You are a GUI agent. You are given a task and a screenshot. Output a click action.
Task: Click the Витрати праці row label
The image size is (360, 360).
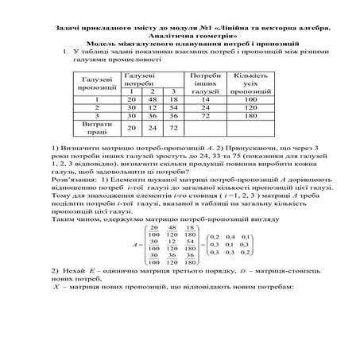tap(96, 128)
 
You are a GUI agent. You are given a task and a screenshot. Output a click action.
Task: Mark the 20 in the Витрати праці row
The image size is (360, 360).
tap(131, 127)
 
